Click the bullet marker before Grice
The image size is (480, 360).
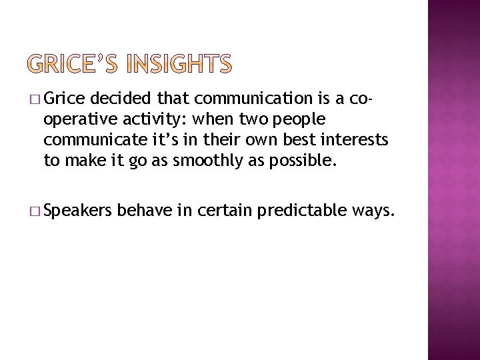35,100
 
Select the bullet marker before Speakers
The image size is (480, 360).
35,213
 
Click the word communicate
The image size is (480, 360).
92,140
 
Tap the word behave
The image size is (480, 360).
144,212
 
